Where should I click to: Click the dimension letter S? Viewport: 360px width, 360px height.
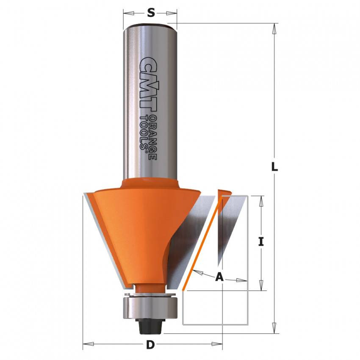tap(151, 13)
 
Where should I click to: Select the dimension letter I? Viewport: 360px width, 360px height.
tap(261, 242)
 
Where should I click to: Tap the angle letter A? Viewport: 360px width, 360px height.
tap(219, 277)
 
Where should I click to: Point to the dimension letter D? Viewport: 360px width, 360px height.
tap(150, 345)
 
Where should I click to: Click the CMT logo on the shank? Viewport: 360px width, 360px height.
tap(148, 83)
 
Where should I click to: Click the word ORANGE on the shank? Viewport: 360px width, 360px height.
tap(152, 137)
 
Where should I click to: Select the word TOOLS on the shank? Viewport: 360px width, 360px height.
tap(144, 133)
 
